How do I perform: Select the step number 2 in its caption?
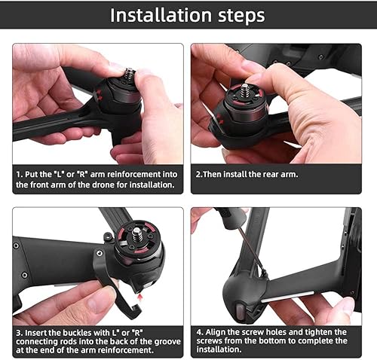click(x=199, y=174)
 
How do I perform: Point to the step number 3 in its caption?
click(x=17, y=332)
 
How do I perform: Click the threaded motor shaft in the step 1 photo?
click(x=130, y=75)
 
